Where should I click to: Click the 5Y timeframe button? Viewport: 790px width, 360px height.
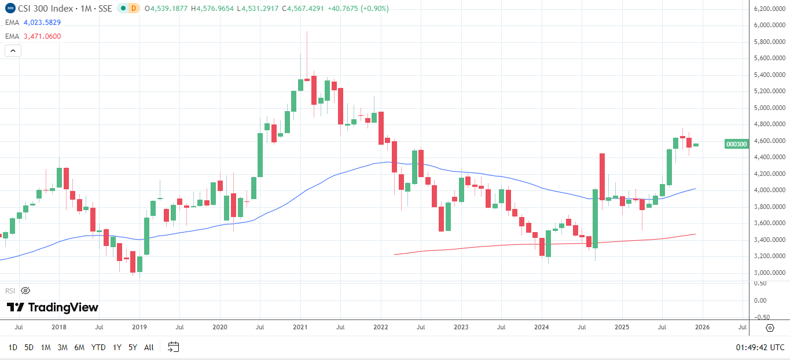(x=133, y=347)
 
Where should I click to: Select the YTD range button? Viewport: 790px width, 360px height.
(x=98, y=347)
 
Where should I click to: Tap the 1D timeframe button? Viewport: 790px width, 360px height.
(x=13, y=347)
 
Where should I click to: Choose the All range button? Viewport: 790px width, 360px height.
(x=149, y=347)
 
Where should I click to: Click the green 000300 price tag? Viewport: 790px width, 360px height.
(x=736, y=144)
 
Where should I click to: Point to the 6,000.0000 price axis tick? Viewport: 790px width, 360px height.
(x=769, y=25)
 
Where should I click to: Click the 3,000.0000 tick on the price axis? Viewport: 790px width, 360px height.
(x=769, y=273)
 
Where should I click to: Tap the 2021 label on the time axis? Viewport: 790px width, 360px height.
(x=300, y=327)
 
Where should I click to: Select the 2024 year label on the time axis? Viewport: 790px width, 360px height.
(x=541, y=327)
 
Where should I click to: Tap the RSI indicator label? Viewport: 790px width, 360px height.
(x=10, y=291)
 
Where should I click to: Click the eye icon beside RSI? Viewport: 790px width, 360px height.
(x=25, y=291)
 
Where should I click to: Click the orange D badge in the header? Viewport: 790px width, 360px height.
(x=134, y=8)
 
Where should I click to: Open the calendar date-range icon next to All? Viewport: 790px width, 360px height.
(x=173, y=347)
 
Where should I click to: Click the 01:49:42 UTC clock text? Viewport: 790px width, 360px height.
(x=760, y=347)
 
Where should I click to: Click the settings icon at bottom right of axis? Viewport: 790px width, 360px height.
(x=770, y=328)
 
